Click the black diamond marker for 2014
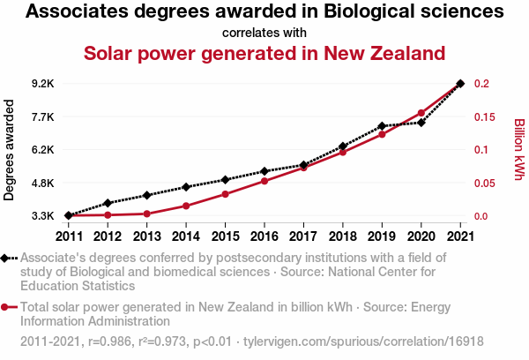186,187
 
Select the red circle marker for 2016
264,181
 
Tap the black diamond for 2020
421,123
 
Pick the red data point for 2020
421,113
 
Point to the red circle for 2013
146,214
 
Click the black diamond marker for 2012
108,203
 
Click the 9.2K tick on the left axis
42,84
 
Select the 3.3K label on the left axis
42,216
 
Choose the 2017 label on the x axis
303,236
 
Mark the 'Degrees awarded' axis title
10,150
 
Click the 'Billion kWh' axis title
519,150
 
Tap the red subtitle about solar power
264,53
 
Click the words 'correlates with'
264,33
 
